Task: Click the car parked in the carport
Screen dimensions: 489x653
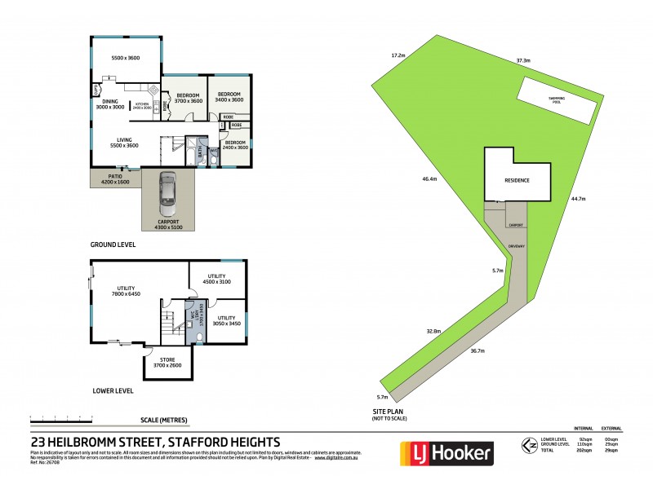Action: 168,192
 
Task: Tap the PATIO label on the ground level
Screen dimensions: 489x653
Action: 114,175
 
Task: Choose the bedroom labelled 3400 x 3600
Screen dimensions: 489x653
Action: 229,96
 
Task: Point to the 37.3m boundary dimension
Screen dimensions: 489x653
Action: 523,60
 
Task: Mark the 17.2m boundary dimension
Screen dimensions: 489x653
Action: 398,55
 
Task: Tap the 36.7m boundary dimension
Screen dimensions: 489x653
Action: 478,351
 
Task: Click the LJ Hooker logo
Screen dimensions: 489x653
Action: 446,452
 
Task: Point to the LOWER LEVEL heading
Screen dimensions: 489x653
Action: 113,391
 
